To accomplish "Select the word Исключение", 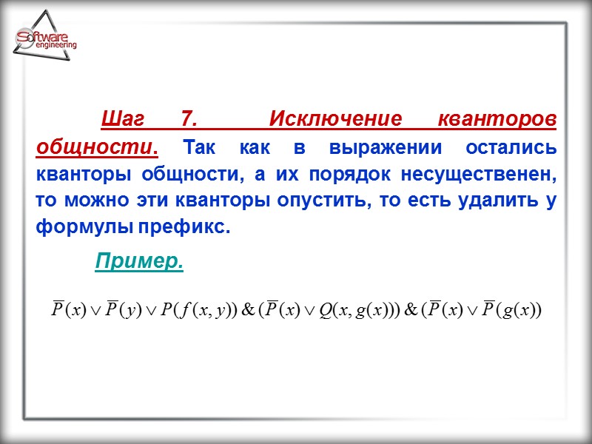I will pos(334,120).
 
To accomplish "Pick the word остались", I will pos(511,147).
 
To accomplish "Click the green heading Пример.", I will pos(139,261).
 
